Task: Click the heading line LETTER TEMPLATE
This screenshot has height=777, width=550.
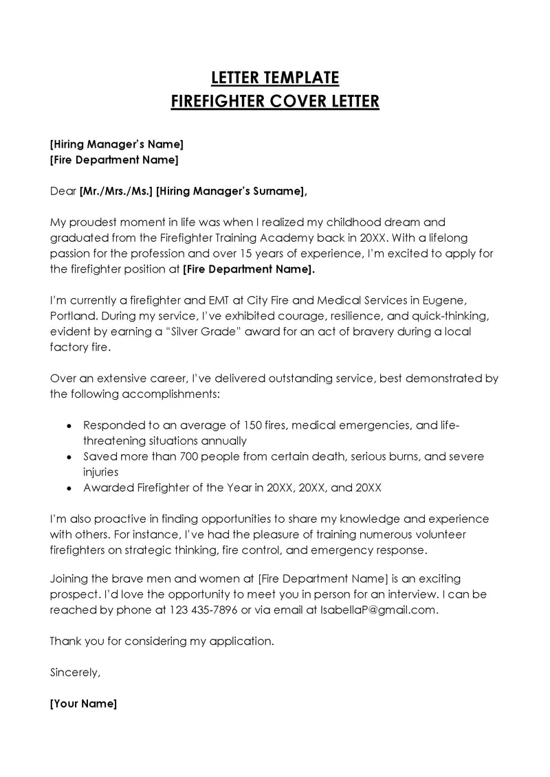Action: [274, 76]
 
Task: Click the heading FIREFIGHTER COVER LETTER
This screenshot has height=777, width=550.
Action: [274, 102]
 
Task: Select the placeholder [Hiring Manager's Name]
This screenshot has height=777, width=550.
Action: [117, 144]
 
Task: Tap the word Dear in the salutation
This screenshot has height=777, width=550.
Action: [63, 191]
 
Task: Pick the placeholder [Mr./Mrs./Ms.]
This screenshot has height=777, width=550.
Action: [116, 191]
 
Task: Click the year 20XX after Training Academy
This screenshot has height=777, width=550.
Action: [371, 238]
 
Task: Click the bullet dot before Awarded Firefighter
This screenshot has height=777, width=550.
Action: [69, 488]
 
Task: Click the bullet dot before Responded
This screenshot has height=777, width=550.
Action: [69, 426]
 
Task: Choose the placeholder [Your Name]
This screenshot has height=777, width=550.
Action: [84, 703]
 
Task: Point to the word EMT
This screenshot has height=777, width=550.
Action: [197, 301]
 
